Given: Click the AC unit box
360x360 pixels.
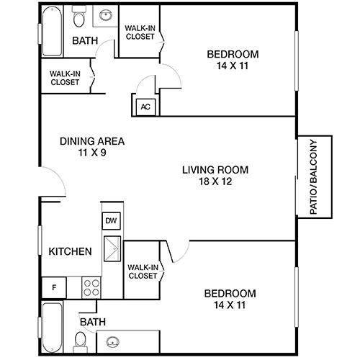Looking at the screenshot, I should pos(145,107).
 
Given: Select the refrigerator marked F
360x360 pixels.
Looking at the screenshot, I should pos(53,287).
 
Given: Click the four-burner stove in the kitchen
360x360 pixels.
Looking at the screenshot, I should pos(92,287).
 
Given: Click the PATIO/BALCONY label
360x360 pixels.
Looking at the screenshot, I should pos(313,176).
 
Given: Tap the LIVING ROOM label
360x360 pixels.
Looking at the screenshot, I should pos(215,170).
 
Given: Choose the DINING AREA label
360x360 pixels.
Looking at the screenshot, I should pos(91,141).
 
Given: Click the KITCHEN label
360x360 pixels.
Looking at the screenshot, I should pos(70,252).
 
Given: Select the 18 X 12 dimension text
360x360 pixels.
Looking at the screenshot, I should pos(215,181).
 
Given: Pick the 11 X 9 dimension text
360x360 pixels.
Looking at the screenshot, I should pos(91,153).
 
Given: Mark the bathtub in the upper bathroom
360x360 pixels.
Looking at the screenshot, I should pos(53,32).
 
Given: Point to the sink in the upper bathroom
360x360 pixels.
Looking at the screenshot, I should pos(107,14).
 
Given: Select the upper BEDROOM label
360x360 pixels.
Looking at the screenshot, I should pos(233,54).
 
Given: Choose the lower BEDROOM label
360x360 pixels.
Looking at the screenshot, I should pos(230,293).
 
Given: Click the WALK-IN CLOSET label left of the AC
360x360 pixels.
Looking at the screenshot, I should pos(65,77).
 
